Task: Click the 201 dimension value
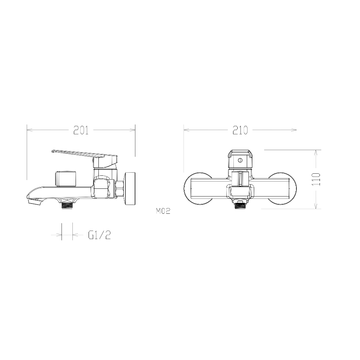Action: tap(81, 130)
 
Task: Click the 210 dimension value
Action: tap(240, 130)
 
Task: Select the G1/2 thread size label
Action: tap(99, 235)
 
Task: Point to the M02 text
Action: tap(163, 211)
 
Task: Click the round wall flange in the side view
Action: tap(130, 187)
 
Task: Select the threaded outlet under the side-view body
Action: tap(67, 205)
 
